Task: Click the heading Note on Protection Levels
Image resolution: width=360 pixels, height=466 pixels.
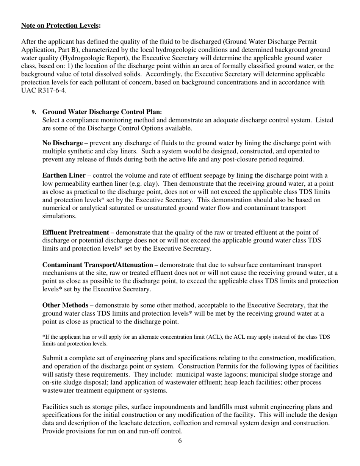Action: (x=61, y=25)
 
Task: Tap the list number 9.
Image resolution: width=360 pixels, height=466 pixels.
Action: (x=34, y=112)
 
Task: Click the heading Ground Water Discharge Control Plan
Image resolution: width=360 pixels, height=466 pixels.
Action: (x=102, y=112)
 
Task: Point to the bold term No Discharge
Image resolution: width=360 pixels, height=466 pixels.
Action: (x=62, y=143)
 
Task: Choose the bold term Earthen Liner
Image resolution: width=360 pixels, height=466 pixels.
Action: (x=64, y=175)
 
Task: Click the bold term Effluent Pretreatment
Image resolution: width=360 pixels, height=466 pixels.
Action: (x=75, y=232)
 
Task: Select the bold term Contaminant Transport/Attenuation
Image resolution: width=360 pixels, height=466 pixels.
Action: (x=97, y=265)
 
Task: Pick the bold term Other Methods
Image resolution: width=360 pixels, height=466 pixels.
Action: (x=65, y=305)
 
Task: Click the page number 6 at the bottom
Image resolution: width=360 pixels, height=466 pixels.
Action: (x=180, y=441)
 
